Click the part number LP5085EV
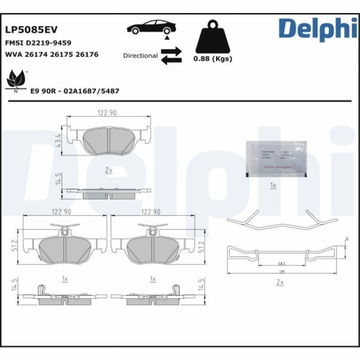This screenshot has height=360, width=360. pos(32,31)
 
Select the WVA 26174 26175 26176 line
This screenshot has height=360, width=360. pos(52,55)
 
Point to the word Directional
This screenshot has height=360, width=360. pos(140,55)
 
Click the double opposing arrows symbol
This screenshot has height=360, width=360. pos(171,56)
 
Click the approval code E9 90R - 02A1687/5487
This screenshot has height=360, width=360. pos(75,91)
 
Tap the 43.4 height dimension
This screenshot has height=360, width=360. pos(58,137)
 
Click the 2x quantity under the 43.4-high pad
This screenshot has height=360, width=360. pos(109,170)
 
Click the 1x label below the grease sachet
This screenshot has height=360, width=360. pos(273,186)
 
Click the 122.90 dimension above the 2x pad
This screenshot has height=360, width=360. pos(107,112)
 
